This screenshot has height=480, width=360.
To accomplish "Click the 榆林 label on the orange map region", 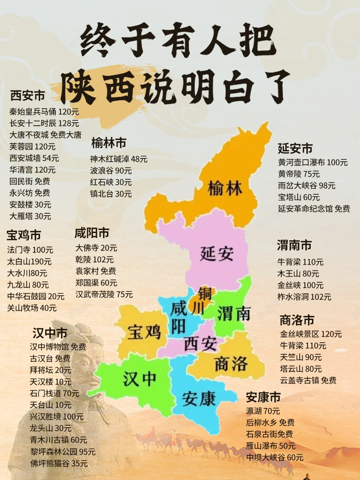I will coord(225,189).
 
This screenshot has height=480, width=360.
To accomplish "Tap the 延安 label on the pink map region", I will coord(217,254).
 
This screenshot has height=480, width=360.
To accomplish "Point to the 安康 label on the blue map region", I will coord(199,399).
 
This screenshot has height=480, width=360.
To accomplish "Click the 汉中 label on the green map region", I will coord(139,379).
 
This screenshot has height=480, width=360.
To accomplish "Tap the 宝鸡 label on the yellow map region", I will coord(144,332).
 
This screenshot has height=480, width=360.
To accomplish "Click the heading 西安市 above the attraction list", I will coord(27,96).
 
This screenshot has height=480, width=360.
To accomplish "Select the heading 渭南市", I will coord(294,245).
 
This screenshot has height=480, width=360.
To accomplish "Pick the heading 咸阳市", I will coord(92,233).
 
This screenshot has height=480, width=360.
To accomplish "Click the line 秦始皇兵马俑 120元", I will coord(44,112).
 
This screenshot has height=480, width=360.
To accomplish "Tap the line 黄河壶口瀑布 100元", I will coord(313,162).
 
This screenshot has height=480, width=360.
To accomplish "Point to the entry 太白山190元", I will coord(29,262).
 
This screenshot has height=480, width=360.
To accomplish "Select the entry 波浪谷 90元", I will coord(111,171).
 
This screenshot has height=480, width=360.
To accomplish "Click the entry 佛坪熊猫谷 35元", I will coord(59,463).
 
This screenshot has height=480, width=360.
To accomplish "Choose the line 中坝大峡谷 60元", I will coord(275,457).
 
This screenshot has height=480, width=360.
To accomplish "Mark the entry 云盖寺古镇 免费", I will coord(308,380).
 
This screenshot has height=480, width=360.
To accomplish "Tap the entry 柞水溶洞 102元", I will coord(304,297).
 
